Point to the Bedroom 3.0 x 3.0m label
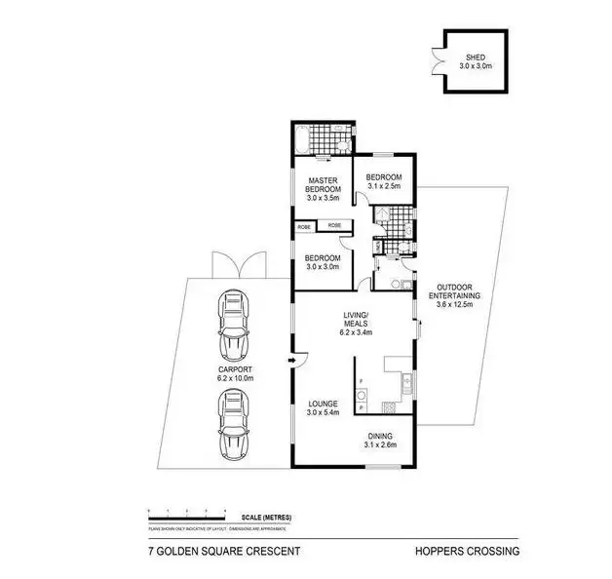click(323, 261)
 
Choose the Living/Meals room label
click(356, 323)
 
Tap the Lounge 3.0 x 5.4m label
click(323, 406)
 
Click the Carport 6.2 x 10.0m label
click(235, 374)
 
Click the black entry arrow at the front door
click(290, 362)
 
